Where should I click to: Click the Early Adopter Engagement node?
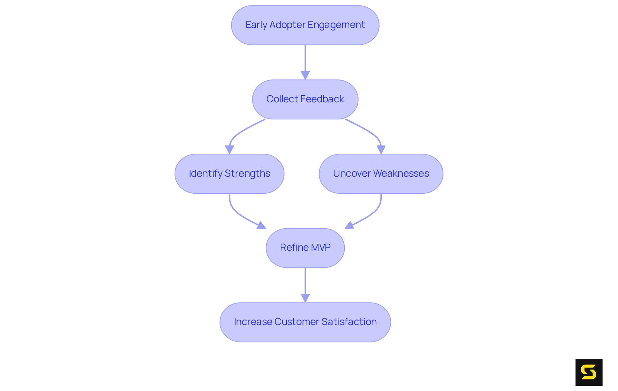305,25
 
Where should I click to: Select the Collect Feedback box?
305,99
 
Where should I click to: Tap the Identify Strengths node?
229,173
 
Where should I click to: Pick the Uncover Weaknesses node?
381,173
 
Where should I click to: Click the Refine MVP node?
305,248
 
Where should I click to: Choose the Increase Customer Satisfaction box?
305,322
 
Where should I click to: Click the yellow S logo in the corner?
589,372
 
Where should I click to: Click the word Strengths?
247,173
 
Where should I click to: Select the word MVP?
321,247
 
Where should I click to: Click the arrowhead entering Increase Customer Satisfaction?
305,298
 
